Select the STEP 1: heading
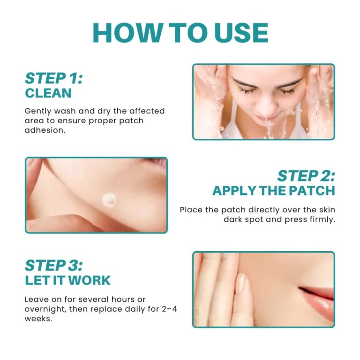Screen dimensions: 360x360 click(54, 78)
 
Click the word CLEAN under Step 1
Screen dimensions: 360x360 click(48, 93)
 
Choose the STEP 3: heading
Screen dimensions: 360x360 click(54, 265)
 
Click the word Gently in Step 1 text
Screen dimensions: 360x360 click(37, 111)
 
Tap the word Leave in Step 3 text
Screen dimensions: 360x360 click(36, 299)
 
